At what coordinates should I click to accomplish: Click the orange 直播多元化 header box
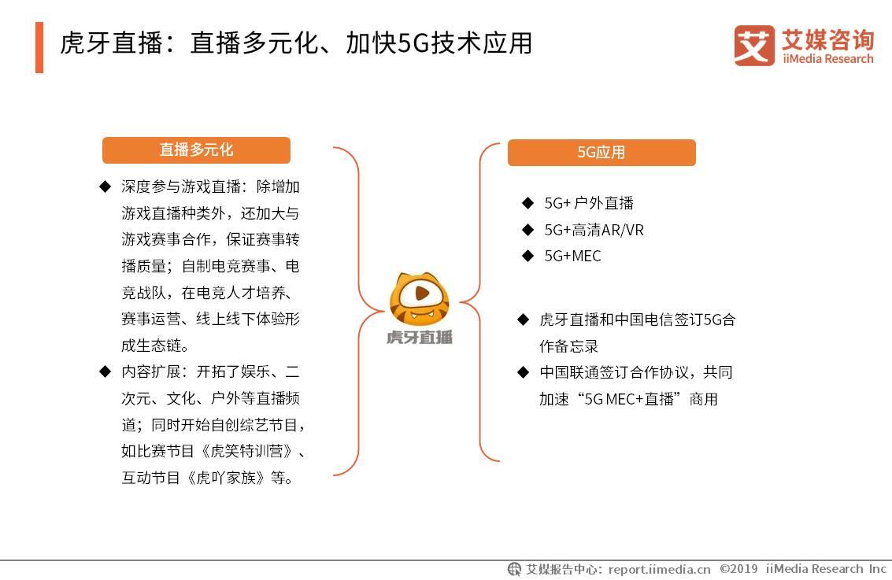pos(196,150)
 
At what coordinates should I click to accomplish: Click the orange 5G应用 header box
pos(601,153)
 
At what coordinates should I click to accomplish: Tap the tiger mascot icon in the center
pos(419,299)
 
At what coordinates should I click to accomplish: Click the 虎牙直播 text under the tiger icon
pos(420,338)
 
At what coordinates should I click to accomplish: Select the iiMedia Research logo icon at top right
pos(754,46)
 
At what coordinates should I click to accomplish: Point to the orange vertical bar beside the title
pos(39,47)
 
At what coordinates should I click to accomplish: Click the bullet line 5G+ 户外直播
pos(589,203)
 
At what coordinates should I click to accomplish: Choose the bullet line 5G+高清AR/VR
pos(594,230)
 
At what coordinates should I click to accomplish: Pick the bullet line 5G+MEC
pos(572,256)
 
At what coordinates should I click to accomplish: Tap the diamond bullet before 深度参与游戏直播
pos(105,187)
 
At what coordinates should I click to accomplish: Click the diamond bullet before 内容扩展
pos(105,371)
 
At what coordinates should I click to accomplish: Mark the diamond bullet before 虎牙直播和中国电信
pos(523,319)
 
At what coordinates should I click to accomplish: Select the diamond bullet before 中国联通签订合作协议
pos(523,371)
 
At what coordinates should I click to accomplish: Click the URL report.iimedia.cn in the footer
pos(659,569)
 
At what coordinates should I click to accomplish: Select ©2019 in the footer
pos(738,569)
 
